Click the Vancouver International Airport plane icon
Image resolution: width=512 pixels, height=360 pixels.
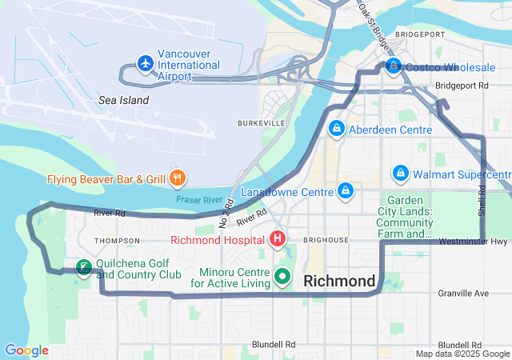pyautogui.click(x=145, y=62)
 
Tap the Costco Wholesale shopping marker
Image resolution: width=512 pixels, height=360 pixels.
pyautogui.click(x=393, y=66)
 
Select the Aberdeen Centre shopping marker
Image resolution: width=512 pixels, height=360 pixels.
pyautogui.click(x=338, y=129)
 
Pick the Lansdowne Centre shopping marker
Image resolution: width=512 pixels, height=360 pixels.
pyautogui.click(x=346, y=191)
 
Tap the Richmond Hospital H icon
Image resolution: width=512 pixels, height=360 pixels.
pyautogui.click(x=277, y=238)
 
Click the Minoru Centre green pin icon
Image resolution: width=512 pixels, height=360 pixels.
pyautogui.click(x=282, y=277)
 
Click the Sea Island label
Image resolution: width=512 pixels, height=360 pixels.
pyautogui.click(x=123, y=100)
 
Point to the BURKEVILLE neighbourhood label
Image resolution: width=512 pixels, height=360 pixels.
pyautogui.click(x=261, y=123)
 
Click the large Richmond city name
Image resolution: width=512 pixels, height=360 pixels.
pyautogui.click(x=340, y=281)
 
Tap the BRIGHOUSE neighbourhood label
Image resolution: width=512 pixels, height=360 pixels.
pyautogui.click(x=326, y=239)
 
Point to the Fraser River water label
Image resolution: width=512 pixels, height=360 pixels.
pyautogui.click(x=199, y=199)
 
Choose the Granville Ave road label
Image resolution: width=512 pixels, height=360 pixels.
pyautogui.click(x=462, y=294)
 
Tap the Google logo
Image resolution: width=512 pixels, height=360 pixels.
pyautogui.click(x=26, y=350)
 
